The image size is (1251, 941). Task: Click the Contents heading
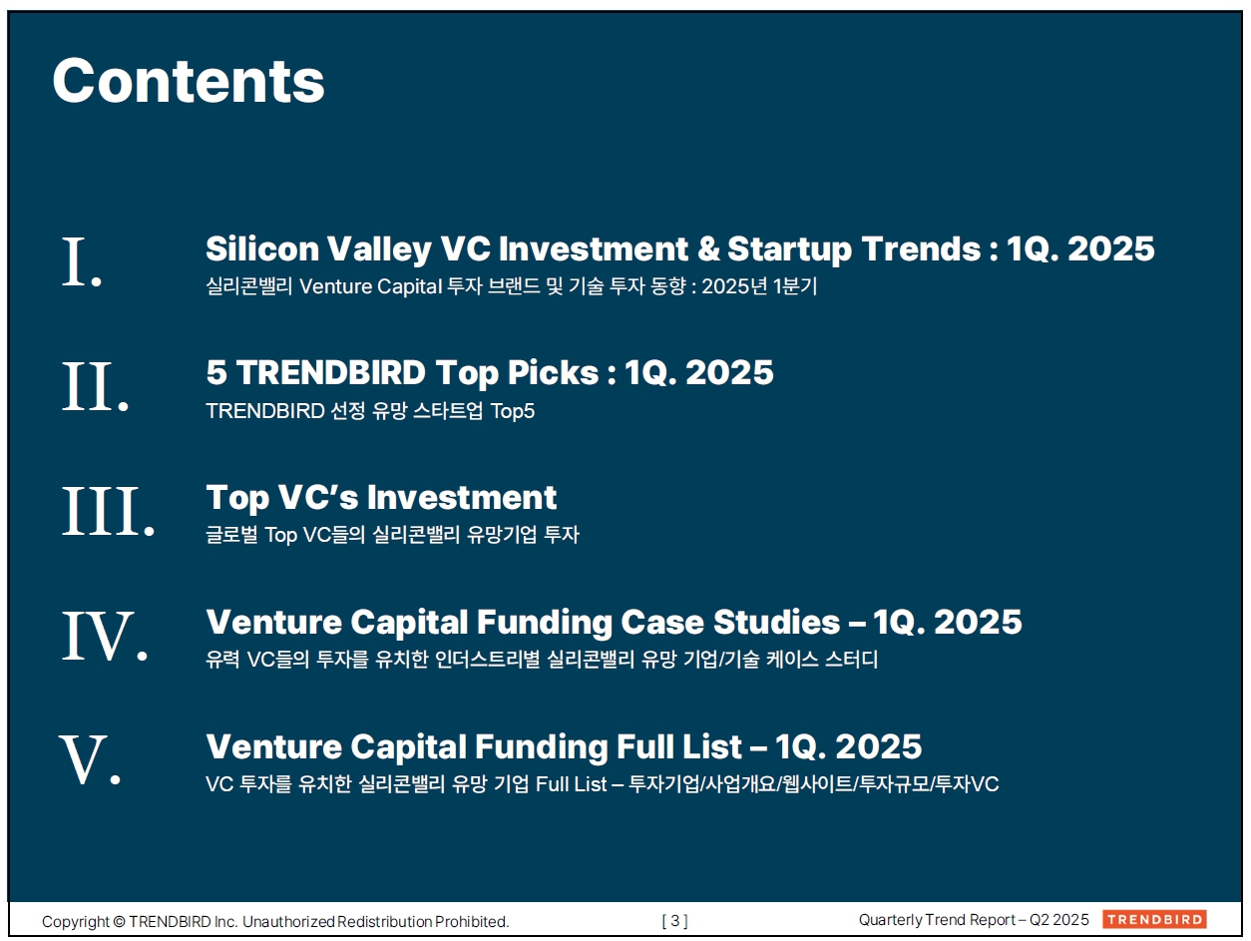coord(189,81)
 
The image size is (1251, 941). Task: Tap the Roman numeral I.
coord(82,262)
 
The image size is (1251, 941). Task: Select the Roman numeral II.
coord(95,386)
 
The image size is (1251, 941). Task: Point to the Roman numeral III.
coord(109,511)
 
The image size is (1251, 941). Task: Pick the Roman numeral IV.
coord(105,636)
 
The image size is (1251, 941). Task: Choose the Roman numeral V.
coord(90,760)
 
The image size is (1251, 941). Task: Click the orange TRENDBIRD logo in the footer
coord(1154,919)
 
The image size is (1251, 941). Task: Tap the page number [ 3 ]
coord(674,920)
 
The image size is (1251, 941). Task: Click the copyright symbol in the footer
coord(119,922)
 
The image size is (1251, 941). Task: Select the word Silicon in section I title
coord(262,249)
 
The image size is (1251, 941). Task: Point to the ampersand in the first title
coord(708,249)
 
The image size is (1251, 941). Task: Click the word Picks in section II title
coord(553,373)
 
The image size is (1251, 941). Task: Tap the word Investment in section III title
coord(462,498)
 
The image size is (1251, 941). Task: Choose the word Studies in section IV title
coord(777,622)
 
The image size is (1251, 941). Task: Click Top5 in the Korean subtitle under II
coord(513,411)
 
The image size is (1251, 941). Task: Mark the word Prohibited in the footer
coord(472,922)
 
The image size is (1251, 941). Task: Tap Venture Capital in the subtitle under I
coord(371,286)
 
